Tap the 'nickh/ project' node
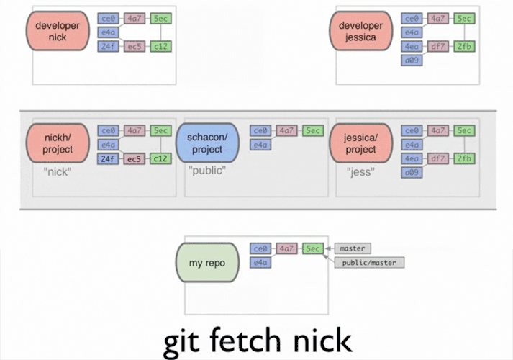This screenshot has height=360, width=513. pos(58,144)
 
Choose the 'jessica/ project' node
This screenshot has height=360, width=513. pos(360,144)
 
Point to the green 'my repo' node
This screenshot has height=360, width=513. pos(207,263)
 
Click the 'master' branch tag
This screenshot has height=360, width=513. pos(353,248)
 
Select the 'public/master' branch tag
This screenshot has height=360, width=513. pos(368,263)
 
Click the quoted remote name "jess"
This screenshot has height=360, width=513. pos(360,171)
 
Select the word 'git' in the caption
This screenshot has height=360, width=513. pos(181,341)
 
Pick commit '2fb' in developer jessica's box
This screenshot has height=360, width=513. pos(465,47)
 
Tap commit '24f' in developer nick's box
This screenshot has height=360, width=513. pos(108,47)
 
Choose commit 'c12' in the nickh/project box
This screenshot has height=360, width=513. pos(161,158)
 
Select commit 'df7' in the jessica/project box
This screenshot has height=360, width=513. pos(438,158)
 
